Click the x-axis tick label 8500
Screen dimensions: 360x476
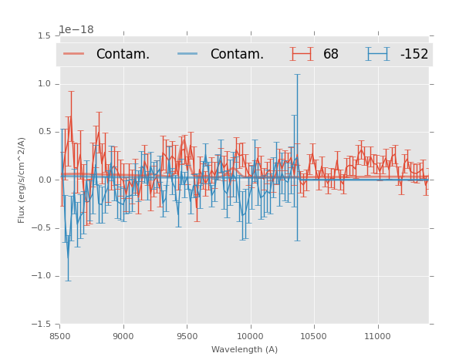point(60,336)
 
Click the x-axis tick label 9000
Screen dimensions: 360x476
point(123,336)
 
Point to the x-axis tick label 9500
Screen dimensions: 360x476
point(187,336)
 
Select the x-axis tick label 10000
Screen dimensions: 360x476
point(250,336)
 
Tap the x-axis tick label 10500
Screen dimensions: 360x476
point(313,336)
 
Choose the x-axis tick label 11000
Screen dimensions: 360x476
point(377,336)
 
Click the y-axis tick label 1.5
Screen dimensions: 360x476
point(44,36)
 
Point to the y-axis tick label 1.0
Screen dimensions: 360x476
point(44,84)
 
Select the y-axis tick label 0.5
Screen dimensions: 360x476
point(44,132)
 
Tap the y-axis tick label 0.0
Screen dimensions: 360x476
point(44,180)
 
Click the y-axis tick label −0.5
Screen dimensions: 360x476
point(42,228)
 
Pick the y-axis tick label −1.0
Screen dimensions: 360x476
point(42,276)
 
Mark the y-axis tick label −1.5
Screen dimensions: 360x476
point(42,325)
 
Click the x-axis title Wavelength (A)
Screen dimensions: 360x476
point(245,350)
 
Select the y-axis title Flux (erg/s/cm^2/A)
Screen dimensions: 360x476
point(22,180)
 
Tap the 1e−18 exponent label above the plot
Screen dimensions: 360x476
point(76,29)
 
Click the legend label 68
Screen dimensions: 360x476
point(331,55)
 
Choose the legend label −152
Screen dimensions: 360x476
point(414,55)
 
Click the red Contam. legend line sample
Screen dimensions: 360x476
point(75,54)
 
